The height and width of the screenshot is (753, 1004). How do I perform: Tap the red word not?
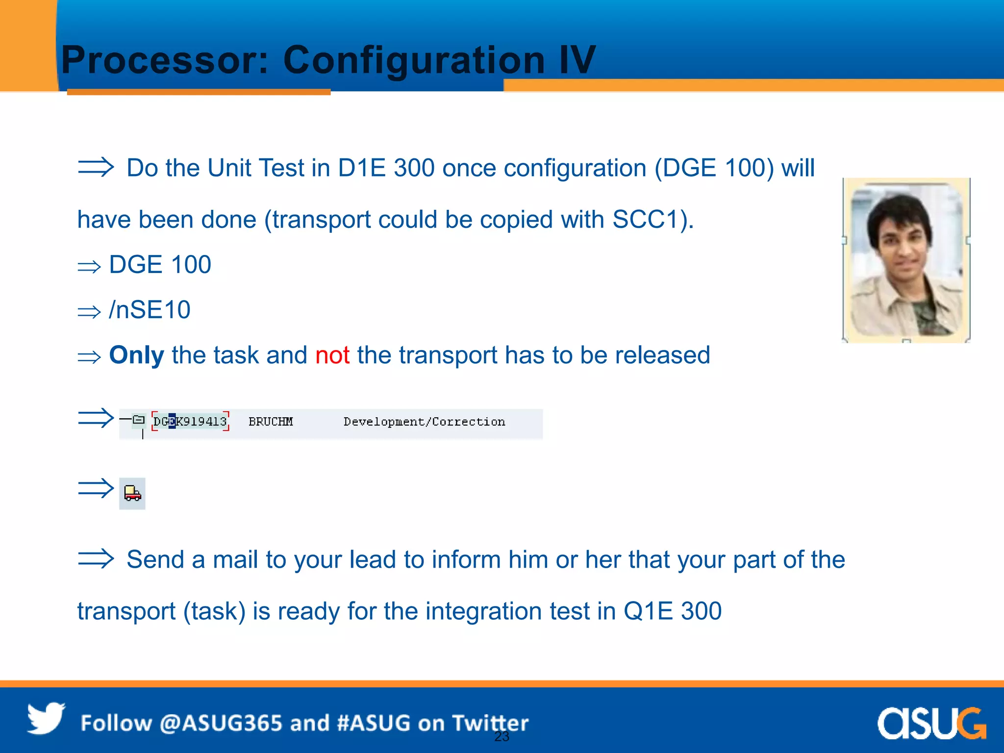[332, 355]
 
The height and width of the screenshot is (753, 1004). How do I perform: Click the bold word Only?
[136, 355]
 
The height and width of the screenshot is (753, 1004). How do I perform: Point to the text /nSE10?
[150, 310]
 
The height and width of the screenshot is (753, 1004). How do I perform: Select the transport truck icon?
[132, 493]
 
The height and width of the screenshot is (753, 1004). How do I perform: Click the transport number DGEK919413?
[190, 422]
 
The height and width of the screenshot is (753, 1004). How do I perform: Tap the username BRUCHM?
[271, 422]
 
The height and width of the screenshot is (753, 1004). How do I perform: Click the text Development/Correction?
[424, 422]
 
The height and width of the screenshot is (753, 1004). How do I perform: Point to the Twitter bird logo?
[46, 718]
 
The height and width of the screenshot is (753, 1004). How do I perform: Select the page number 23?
[502, 736]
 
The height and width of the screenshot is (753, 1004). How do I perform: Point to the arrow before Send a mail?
[96, 558]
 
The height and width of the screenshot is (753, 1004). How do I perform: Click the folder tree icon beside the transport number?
[139, 420]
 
